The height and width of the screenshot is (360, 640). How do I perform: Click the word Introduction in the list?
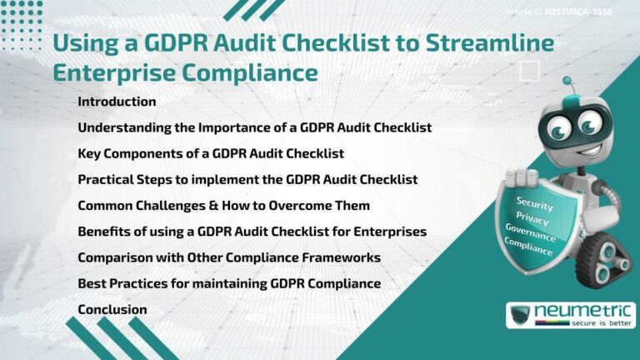click(x=117, y=102)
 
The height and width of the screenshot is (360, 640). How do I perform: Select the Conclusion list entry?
click(x=112, y=309)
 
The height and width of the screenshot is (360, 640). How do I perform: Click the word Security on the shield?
click(x=534, y=202)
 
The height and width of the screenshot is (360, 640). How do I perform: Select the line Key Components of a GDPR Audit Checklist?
click(x=211, y=153)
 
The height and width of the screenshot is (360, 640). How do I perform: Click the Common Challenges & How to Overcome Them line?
click(x=223, y=205)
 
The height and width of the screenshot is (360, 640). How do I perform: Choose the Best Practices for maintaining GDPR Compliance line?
click(x=229, y=283)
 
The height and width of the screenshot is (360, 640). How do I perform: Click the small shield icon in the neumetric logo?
click(x=521, y=316)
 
